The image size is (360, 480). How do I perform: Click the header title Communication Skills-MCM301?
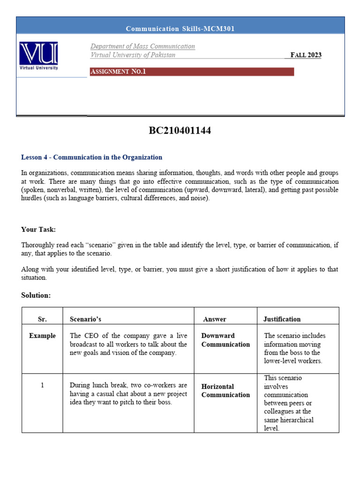point(180,29)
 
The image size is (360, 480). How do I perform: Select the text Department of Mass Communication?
point(142,46)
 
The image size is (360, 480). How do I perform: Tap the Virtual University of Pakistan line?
point(133,55)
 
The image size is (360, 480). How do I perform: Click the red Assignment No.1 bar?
point(192,72)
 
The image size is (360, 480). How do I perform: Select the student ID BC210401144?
point(180,131)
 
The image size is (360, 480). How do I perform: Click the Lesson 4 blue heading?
point(91,157)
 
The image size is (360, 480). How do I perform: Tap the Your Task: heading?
point(38,229)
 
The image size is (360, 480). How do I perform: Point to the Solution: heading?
point(36,295)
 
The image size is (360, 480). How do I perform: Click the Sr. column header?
point(42,319)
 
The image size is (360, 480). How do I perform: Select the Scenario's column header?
point(85,319)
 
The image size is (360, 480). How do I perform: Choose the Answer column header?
point(215,319)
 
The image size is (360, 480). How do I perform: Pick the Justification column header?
point(282,319)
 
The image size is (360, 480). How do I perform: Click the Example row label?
point(42,336)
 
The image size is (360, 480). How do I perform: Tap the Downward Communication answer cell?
point(225,340)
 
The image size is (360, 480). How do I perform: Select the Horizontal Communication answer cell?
point(225,390)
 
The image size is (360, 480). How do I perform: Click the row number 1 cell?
point(42,385)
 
